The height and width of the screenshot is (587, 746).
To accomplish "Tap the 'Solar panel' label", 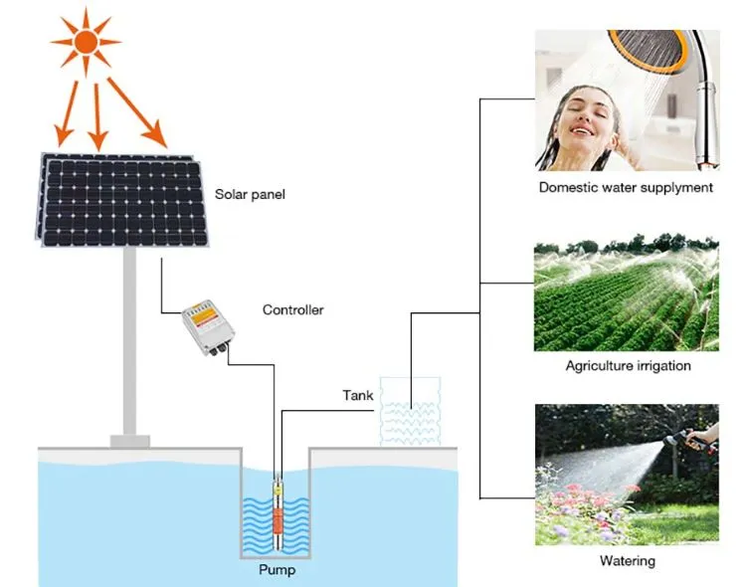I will pos(250,194).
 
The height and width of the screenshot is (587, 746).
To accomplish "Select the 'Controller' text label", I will pos(292,309).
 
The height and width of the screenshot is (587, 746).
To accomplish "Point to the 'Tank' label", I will pos(358,395).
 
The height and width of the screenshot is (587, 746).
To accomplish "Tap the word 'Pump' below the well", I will pos(277,570).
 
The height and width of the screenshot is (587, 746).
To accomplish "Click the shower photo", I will pos(626,100).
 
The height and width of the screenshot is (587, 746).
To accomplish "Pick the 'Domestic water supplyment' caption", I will pos(626,187).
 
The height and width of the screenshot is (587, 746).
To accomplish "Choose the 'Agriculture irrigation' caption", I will pos(628,366).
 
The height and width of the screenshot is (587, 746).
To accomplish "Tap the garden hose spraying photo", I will pos(626,474).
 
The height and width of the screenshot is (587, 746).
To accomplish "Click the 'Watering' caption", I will pos(628,560).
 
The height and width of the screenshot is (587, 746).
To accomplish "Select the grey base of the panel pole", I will pos(129,439).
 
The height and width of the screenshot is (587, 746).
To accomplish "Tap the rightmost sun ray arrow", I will pos(139,112).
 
